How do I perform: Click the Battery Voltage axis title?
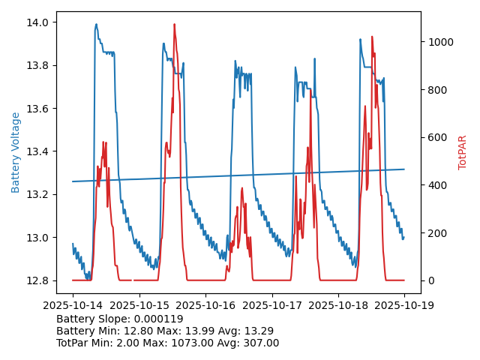[16, 152]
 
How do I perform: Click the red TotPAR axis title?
[463, 152]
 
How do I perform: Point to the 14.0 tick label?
[37, 22]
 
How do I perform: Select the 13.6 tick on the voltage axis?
[37, 109]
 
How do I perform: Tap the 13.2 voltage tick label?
[37, 195]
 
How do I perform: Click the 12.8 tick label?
[37, 281]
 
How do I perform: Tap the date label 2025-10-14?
[72, 306]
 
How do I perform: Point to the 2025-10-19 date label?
[404, 306]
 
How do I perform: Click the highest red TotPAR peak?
[175, 25]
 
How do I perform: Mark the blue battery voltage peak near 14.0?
[96, 24]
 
